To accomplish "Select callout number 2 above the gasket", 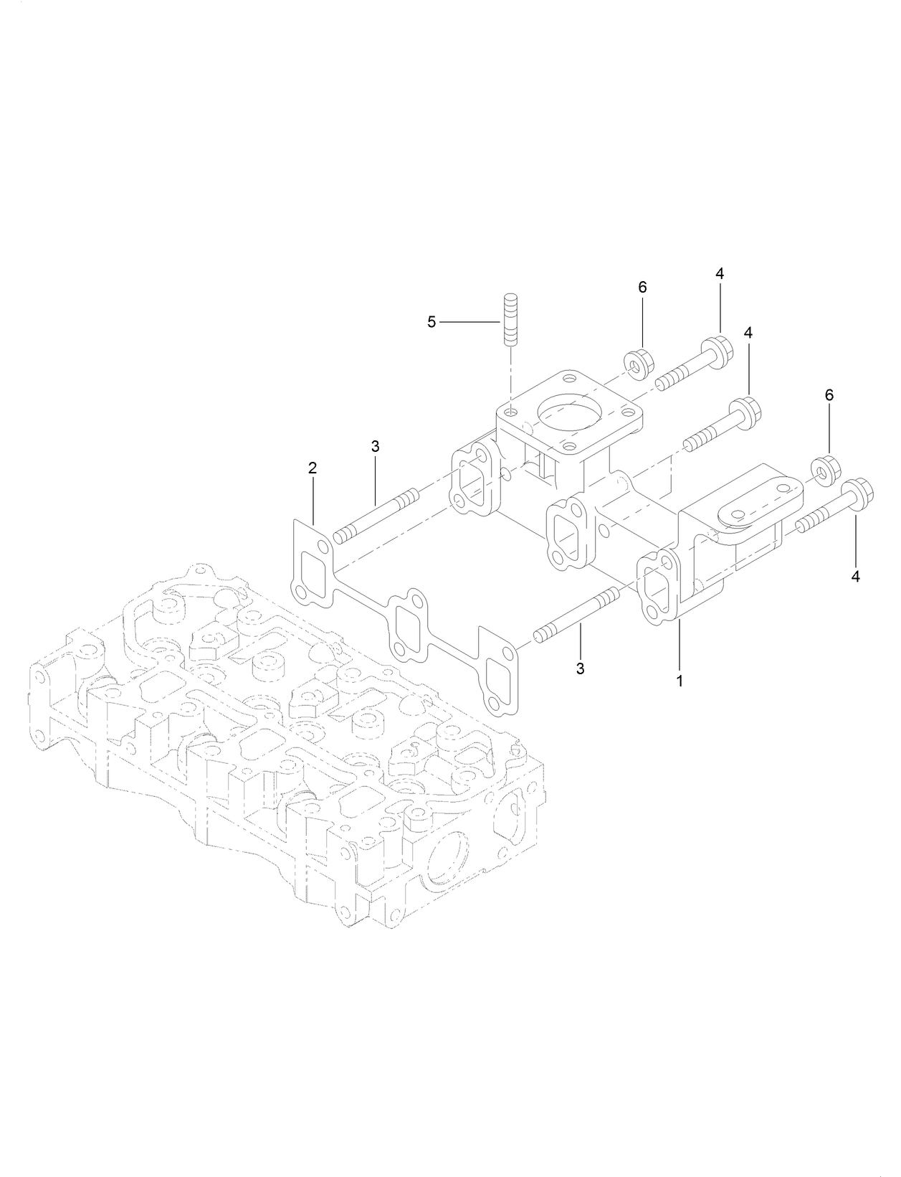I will pos(312,468).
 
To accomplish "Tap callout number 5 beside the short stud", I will pos(432,323).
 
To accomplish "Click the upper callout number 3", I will pos(375,446).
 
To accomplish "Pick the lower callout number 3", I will pos(581,668).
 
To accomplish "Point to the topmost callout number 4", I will pos(719,273).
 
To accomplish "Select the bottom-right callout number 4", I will pos(855,576).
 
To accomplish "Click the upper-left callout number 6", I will pos(642,287).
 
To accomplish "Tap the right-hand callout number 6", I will pos(829,395).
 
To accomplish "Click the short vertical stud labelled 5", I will pos(510,318).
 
